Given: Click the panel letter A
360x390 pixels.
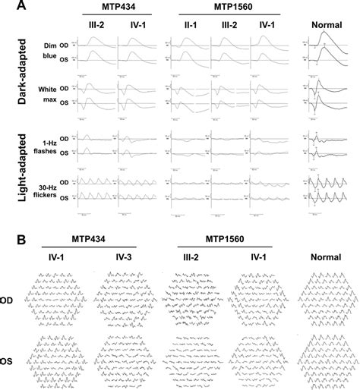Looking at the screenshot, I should [x=8, y=5].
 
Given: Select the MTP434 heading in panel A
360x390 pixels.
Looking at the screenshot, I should [x=112, y=7].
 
